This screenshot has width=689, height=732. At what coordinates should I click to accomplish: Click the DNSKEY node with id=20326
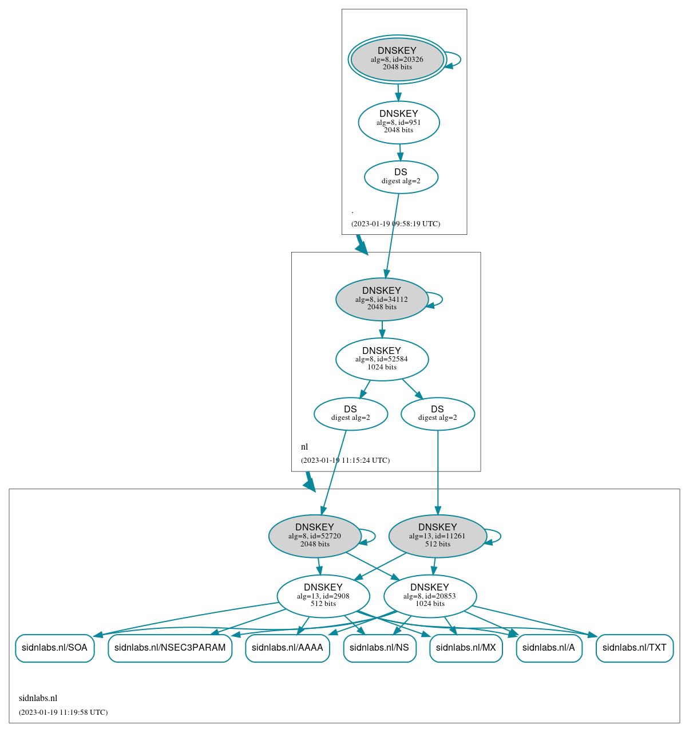coord(397,59)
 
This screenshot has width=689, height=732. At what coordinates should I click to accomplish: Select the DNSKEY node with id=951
coord(399,122)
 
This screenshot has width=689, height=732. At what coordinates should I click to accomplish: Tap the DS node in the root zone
coord(401,177)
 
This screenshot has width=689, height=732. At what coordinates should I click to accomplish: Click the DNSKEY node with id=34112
coord(382,299)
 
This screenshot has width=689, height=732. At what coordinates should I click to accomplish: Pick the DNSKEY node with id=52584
coord(382,359)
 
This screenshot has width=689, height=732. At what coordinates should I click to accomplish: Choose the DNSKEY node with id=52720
coord(315,536)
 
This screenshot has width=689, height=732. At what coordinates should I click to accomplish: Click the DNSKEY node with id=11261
coord(437,536)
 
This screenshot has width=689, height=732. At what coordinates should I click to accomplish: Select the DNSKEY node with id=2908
coord(323,596)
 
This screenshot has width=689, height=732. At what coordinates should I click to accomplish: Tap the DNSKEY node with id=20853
coord(430,596)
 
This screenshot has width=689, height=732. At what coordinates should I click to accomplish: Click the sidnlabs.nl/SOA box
coord(54,648)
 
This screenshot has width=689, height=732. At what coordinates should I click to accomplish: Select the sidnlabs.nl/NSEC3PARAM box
coord(170,648)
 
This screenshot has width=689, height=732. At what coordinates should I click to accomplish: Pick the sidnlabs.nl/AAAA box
coord(287,648)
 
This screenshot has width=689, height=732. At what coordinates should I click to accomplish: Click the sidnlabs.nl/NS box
coord(379,648)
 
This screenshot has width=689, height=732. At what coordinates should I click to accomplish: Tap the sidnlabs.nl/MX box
coord(466,648)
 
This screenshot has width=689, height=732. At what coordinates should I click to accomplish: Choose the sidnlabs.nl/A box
coord(549,648)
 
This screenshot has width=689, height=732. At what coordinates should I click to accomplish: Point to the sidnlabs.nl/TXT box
coord(635,648)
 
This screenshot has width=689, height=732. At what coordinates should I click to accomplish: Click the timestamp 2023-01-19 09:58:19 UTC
coord(395,224)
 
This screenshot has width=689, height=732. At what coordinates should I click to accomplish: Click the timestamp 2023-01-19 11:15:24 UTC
coord(345,461)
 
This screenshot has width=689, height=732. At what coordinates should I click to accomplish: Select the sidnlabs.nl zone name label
coord(38,698)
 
